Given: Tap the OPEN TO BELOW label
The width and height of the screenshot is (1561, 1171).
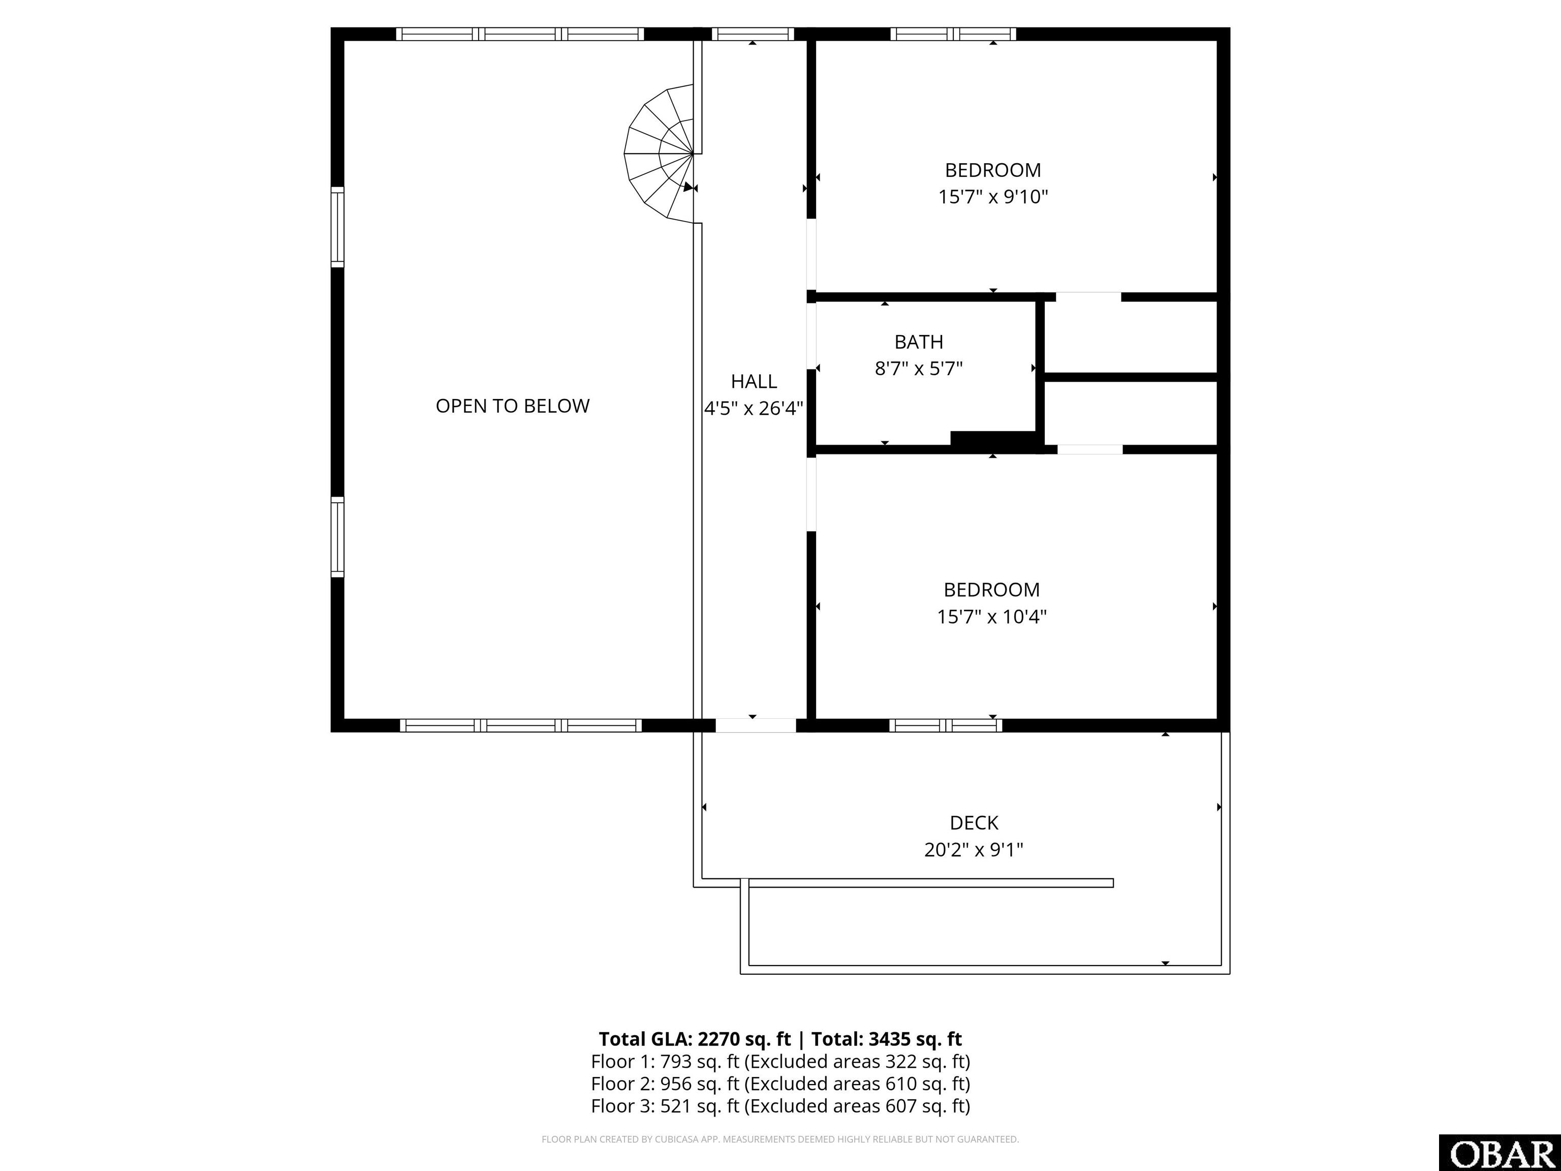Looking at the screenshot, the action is click(x=512, y=406).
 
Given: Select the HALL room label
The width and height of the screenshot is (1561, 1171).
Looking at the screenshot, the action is click(x=754, y=382).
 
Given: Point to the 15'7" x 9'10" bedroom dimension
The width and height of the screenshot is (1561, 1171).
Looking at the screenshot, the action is click(x=993, y=196).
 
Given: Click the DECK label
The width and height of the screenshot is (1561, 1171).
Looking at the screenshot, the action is click(x=974, y=823).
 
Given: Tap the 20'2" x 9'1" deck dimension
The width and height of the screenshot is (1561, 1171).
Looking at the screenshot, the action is click(x=974, y=850).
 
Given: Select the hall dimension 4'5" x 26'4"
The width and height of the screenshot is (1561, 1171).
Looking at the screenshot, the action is click(x=754, y=409).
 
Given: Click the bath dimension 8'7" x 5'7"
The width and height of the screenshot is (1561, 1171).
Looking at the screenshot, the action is click(x=919, y=368).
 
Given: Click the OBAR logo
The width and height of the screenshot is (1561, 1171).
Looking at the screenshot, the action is click(x=1500, y=1153).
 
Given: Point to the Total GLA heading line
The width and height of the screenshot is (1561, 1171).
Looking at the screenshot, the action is click(x=780, y=1039).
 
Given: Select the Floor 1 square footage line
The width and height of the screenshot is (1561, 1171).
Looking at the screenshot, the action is click(x=780, y=1062).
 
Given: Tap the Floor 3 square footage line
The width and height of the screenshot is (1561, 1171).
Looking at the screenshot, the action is click(x=780, y=1106).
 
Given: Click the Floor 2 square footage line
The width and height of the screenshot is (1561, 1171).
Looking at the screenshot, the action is click(x=780, y=1084).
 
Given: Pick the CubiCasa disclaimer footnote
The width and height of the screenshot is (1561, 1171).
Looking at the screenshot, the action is click(x=780, y=1139).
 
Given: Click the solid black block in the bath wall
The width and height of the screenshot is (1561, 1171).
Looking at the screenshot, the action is click(x=996, y=438).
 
